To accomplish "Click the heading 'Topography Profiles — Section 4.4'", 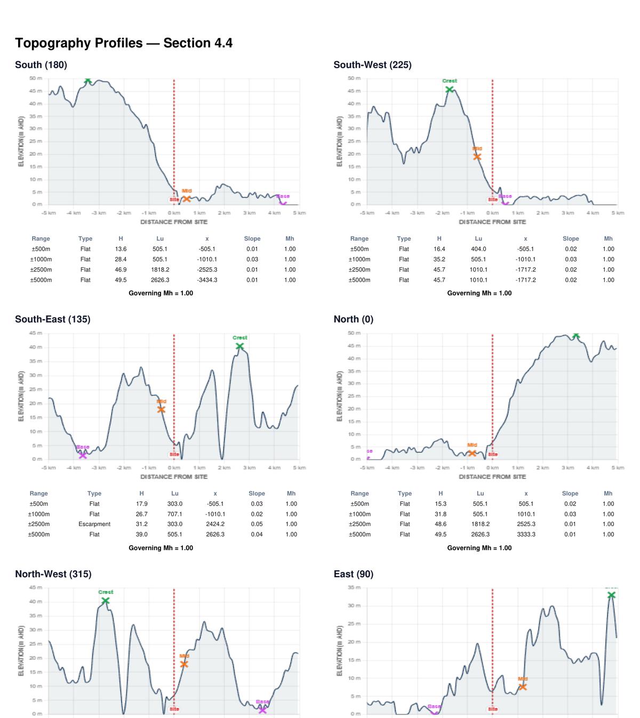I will [124, 43].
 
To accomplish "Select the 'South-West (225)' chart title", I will [372, 65].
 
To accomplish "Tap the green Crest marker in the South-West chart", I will [450, 90].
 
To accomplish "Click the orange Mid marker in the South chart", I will [187, 198].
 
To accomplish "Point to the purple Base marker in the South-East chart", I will [83, 455].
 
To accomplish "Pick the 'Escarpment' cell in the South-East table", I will [94, 524].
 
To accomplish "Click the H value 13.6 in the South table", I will [121, 249].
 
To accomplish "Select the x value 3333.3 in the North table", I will [526, 534].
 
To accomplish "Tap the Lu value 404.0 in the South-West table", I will [478, 249].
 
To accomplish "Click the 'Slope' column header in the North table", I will [570, 493].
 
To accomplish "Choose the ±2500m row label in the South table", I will [41, 269].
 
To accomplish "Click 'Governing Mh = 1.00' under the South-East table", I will [161, 548].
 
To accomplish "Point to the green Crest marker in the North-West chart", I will [106, 601].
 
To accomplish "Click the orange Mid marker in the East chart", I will [523, 687].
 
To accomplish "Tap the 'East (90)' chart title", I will [353, 574].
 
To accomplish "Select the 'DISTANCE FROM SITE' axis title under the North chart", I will [492, 477].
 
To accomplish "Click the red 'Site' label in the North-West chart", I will [174, 709].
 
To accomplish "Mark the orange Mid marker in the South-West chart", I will [477, 156].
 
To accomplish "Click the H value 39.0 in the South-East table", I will [142, 534].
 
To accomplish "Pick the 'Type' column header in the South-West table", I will [404, 239].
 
